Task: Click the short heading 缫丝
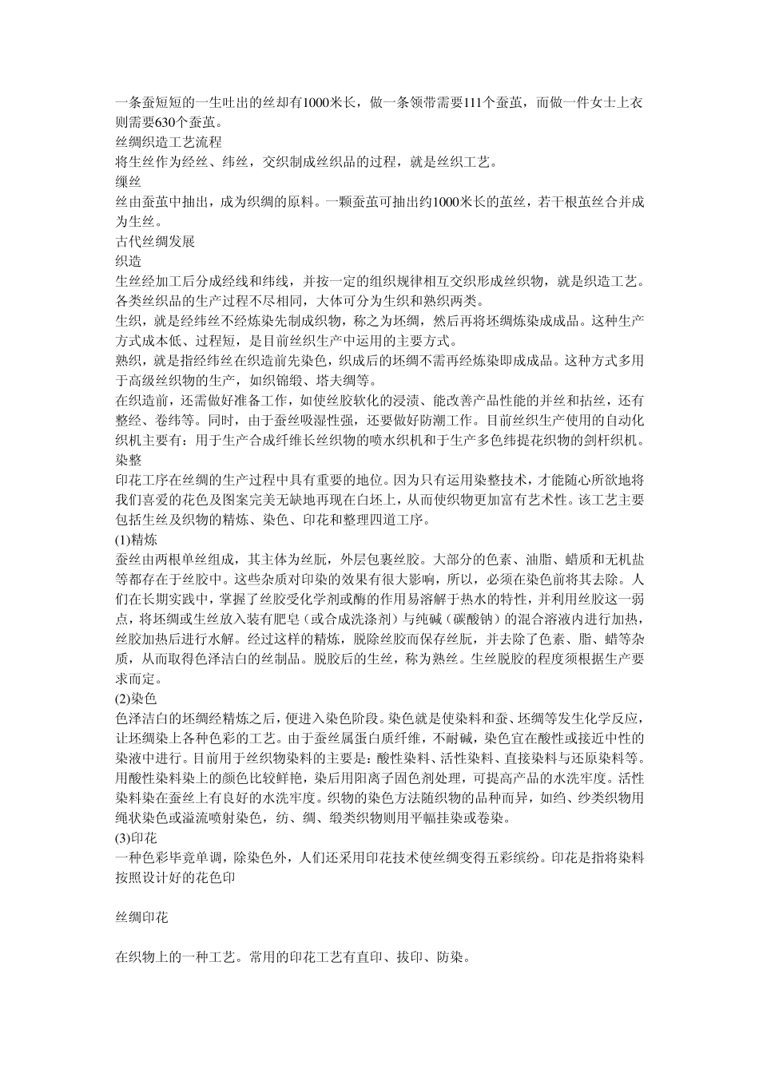(129, 182)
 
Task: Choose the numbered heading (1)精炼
(137, 540)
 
